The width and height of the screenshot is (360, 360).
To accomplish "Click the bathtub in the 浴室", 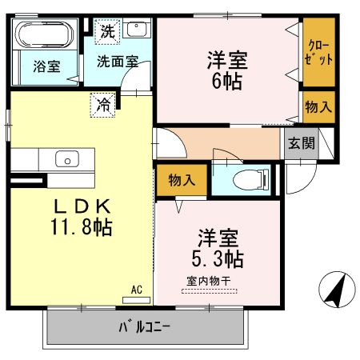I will [44, 36].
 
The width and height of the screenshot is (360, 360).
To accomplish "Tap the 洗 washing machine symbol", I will [107, 33].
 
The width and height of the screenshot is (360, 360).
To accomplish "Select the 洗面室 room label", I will [118, 61].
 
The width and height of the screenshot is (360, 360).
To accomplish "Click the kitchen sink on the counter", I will [66, 158].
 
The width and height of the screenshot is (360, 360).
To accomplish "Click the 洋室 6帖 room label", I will [227, 70].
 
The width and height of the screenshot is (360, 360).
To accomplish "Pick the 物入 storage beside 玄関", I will [318, 106].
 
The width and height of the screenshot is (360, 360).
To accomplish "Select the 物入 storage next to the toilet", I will [182, 181].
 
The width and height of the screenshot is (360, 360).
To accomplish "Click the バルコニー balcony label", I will [146, 326].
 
